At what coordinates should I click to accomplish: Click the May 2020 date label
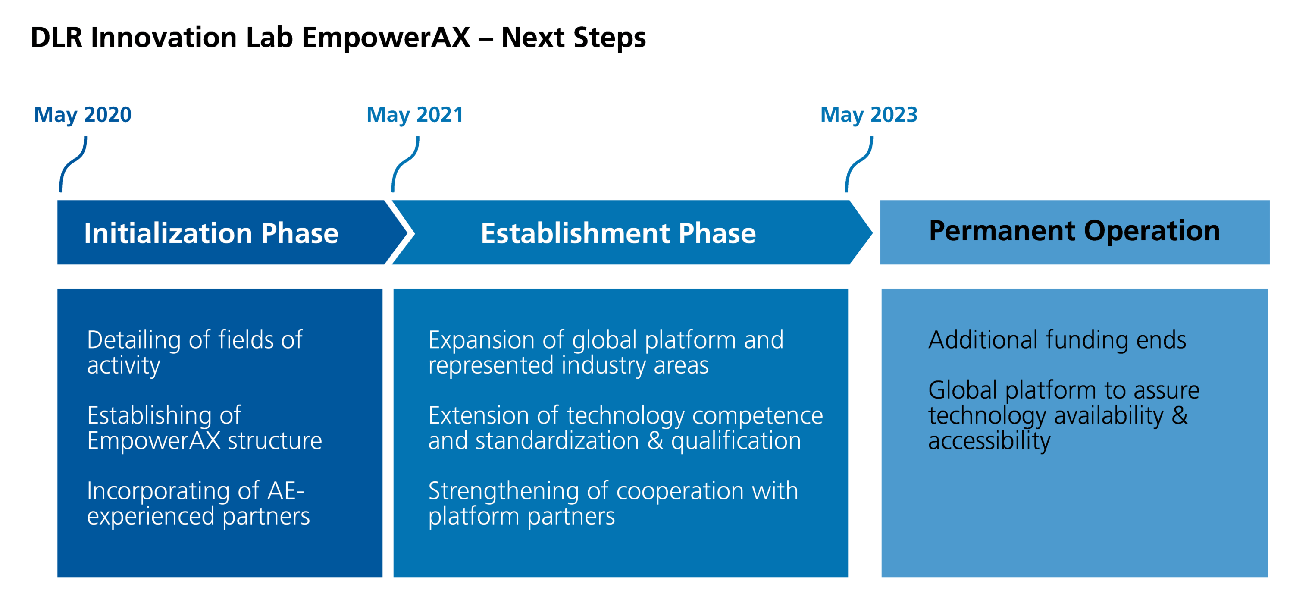[x=83, y=115]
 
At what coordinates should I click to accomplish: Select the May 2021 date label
[x=415, y=115]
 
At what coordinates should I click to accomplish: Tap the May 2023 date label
[x=868, y=115]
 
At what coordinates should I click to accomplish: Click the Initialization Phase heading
[x=211, y=233]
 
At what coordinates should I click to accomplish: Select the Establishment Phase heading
[x=618, y=233]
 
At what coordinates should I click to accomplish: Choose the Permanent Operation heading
[x=1074, y=231]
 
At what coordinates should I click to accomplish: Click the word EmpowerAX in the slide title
[x=385, y=38]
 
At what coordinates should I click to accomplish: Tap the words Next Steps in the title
[x=573, y=38]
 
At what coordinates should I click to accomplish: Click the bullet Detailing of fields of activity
[x=194, y=352]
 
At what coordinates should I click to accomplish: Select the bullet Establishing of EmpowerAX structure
[x=204, y=428]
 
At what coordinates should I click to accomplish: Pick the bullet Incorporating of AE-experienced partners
[x=198, y=503]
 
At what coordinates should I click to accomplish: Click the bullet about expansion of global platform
[x=605, y=352]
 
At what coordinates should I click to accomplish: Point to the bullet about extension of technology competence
[x=625, y=428]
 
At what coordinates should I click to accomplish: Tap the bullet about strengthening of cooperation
[x=613, y=503]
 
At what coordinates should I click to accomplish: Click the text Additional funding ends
[x=1057, y=340]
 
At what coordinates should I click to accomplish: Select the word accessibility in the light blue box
[x=989, y=441]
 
